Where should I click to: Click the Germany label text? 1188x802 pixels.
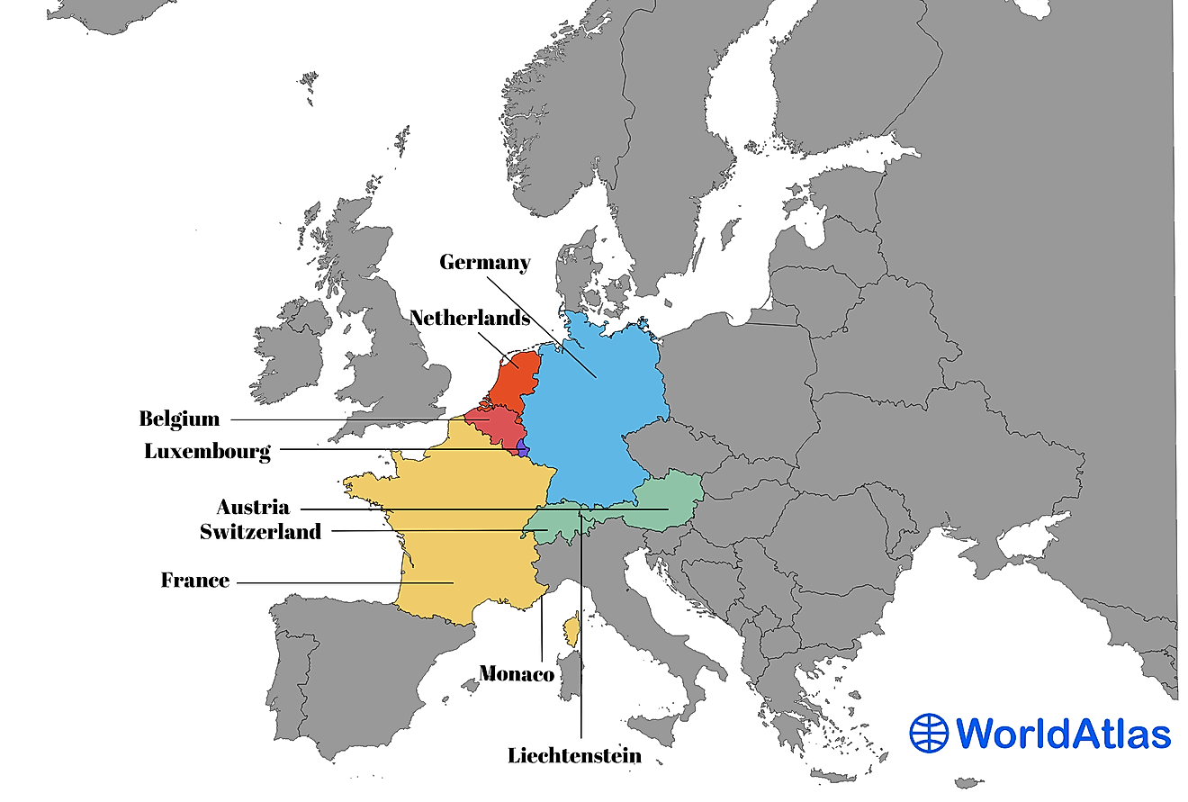(x=484, y=262)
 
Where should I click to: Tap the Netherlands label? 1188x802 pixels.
(x=469, y=318)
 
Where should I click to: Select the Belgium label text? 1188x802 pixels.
(x=179, y=419)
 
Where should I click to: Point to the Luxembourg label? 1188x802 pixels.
(x=207, y=451)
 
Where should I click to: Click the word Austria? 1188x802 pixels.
(x=253, y=507)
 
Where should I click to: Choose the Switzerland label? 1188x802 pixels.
(x=260, y=532)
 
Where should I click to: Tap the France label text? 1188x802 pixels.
(x=195, y=581)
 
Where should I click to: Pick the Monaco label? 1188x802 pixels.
(x=517, y=673)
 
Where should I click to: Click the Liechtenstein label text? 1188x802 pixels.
(x=575, y=755)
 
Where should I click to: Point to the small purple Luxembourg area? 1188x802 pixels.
(x=523, y=447)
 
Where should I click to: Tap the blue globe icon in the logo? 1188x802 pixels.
(x=929, y=733)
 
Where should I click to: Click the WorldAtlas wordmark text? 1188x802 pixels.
(x=1062, y=734)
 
